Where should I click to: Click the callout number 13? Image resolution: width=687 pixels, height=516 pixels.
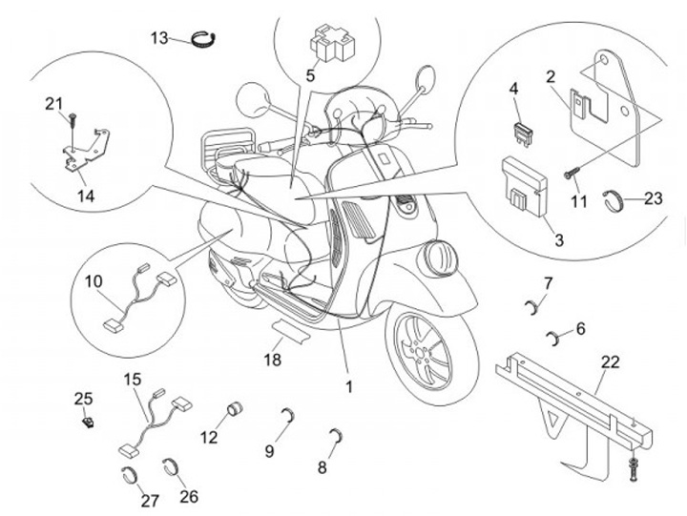158,37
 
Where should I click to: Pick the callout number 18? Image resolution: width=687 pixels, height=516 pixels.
273,359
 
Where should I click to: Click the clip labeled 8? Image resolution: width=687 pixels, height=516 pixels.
335,439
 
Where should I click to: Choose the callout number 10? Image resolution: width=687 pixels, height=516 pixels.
93,281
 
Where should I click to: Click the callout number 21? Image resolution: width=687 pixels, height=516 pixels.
53,103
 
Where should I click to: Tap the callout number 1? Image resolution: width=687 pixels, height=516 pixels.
349,387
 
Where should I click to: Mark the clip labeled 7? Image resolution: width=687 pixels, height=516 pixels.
535,306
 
